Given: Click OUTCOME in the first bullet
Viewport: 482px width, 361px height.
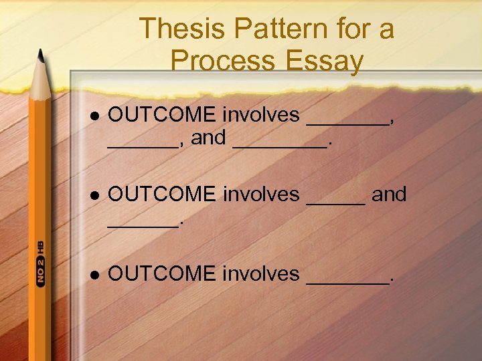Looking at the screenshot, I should click(161, 115).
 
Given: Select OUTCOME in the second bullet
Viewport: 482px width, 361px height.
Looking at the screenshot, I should click(161, 195).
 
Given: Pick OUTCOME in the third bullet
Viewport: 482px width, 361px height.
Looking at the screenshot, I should click(161, 273).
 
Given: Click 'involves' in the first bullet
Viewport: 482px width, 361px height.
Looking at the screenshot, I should click(261, 115).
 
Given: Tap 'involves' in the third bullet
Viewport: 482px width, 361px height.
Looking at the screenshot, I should click(261, 273).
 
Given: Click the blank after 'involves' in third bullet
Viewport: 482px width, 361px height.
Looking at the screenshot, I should click(346, 281).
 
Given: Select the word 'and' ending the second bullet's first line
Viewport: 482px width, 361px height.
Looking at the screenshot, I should click(389, 195).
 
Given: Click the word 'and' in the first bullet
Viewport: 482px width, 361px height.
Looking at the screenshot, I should click(208, 138).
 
